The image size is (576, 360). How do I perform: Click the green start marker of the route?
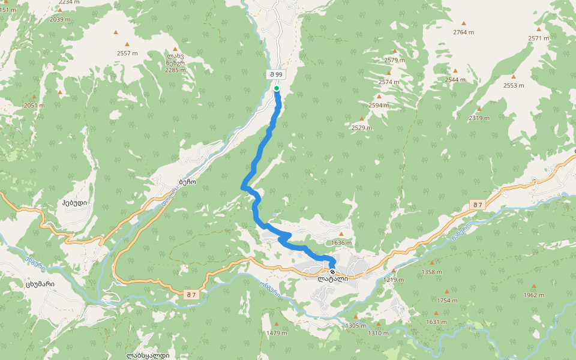pos(277,88)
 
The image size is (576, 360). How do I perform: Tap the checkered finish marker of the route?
pos(332,272)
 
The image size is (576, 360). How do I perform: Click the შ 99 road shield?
pos(276,74)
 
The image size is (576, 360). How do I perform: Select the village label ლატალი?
pos(333,279)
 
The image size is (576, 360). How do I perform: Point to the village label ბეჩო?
pos(188,180)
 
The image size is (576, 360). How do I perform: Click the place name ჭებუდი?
pos(74,203)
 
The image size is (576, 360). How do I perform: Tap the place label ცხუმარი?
pos(41,284)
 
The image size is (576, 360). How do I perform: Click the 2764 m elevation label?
pos(463,32)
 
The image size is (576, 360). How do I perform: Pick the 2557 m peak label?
pos(127,53)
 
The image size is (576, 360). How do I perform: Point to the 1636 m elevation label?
pos(341,242)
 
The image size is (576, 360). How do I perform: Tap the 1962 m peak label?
pos(533,295)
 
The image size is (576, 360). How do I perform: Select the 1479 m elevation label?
pos(277,333)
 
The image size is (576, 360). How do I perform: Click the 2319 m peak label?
pos(479,118)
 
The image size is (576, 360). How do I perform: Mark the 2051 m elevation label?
pos(34,105)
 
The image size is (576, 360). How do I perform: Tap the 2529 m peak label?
pos(362,127)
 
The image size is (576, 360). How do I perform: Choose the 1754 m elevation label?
pos(447,301)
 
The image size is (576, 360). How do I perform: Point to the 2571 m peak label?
pos(539,38)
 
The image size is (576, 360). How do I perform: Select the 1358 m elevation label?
pos(431,272)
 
